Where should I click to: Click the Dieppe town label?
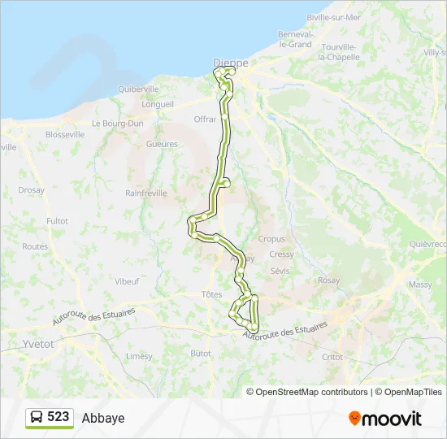230,62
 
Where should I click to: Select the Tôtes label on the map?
210,294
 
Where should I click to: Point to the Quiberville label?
138,89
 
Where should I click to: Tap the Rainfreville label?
146,193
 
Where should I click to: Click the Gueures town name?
162,144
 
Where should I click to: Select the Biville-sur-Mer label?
334,17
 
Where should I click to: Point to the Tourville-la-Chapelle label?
344,52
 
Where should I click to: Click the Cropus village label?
271,239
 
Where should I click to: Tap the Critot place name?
332,357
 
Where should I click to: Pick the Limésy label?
139,356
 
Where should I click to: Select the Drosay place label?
31,190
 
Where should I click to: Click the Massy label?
420,285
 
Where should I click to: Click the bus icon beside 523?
37,417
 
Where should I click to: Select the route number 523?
58,417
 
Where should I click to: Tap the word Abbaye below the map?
103,418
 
